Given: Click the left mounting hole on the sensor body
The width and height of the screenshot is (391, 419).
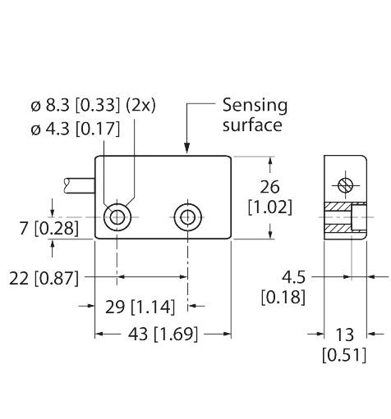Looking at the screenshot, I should tap(119, 217).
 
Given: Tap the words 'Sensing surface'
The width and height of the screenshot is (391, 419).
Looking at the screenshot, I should tap(253, 116).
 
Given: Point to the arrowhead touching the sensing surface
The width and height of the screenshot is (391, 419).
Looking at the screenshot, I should tap(190, 149).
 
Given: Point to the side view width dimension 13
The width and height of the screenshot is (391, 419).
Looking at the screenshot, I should tap(344, 334).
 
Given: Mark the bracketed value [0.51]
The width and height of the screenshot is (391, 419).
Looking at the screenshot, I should tap(344, 354).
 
